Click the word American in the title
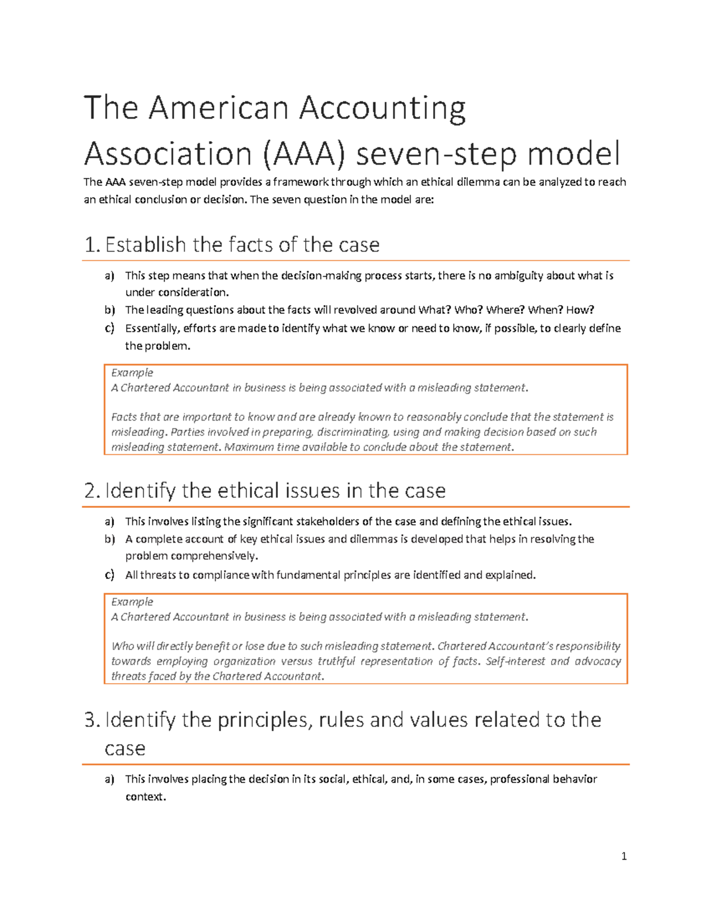point(219,108)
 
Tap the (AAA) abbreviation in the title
point(303,154)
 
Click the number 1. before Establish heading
point(92,245)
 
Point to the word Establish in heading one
point(145,245)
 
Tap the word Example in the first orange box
point(132,373)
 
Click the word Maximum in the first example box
point(249,447)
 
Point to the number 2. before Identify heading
point(92,491)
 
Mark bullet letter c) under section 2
point(110,575)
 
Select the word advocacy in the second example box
point(597,661)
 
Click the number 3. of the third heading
point(92,720)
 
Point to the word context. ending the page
point(146,797)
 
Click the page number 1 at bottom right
point(624,856)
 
